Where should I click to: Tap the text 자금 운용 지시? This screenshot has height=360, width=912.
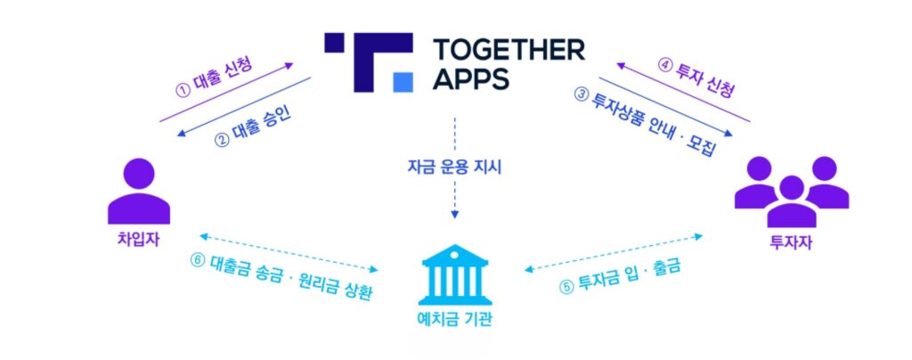coord(455,167)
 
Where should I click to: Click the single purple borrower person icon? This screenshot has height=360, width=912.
coord(138,190)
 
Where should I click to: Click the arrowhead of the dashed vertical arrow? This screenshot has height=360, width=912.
coord(455,216)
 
